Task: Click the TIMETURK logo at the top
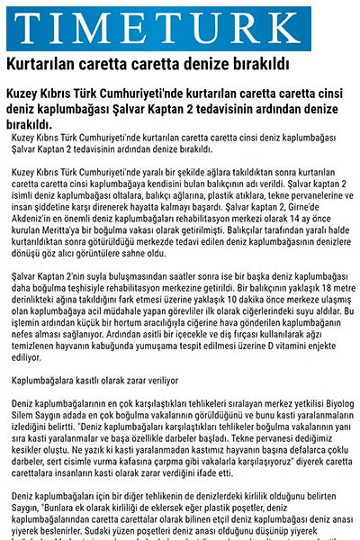(x=180, y=26)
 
